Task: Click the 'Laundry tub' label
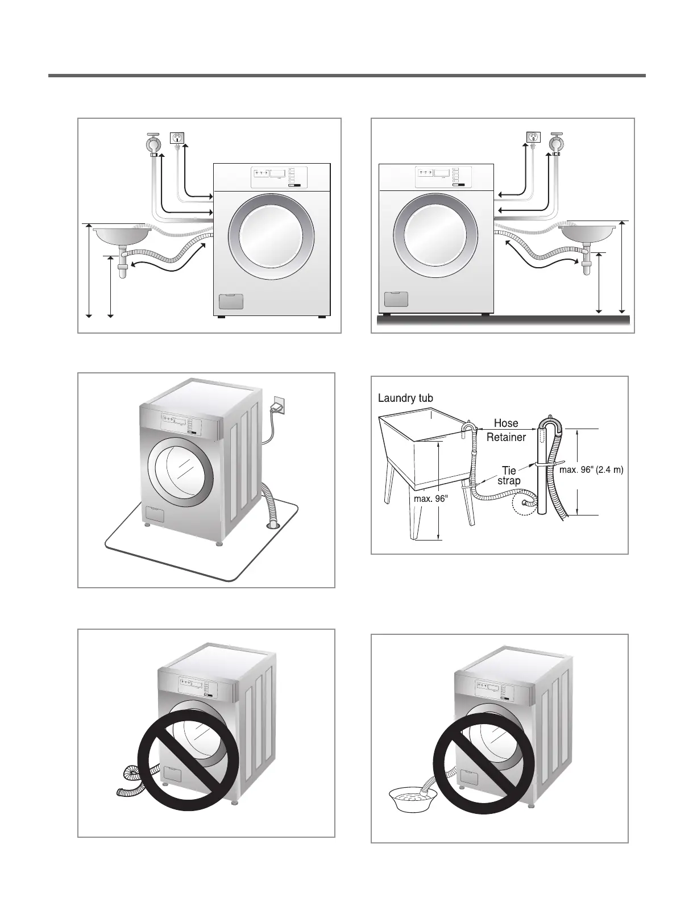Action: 405,398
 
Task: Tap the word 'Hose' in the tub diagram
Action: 505,423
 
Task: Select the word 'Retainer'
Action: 506,437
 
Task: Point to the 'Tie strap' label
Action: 509,476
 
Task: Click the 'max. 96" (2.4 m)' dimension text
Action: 592,470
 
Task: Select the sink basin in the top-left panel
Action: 122,233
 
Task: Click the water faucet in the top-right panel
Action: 557,142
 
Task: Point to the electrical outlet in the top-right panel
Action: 533,138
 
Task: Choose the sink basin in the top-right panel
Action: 588,232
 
